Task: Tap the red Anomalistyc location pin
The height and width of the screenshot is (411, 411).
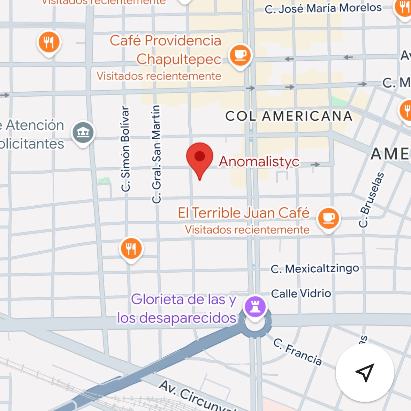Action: (x=200, y=158)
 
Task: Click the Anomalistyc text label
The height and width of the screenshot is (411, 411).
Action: (x=259, y=161)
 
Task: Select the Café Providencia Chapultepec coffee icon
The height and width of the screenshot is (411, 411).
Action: (x=240, y=55)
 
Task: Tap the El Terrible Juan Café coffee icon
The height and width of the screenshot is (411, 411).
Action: (x=328, y=218)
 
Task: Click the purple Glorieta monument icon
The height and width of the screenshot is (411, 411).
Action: (x=255, y=307)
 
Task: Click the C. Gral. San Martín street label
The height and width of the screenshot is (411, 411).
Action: (x=157, y=154)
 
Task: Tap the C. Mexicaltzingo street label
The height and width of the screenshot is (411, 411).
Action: (x=315, y=269)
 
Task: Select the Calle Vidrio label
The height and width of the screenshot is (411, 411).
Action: (x=301, y=294)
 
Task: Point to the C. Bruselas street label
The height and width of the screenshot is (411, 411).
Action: (x=372, y=200)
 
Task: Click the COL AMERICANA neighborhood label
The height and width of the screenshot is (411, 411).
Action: (x=289, y=116)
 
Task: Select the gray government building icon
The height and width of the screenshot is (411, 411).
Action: (x=83, y=132)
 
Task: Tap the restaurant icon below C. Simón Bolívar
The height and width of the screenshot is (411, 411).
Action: (x=131, y=249)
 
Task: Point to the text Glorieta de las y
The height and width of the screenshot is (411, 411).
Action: (x=184, y=299)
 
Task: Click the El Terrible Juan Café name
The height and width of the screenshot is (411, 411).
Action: (x=244, y=213)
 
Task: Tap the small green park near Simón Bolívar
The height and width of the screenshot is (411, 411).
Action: (x=105, y=180)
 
